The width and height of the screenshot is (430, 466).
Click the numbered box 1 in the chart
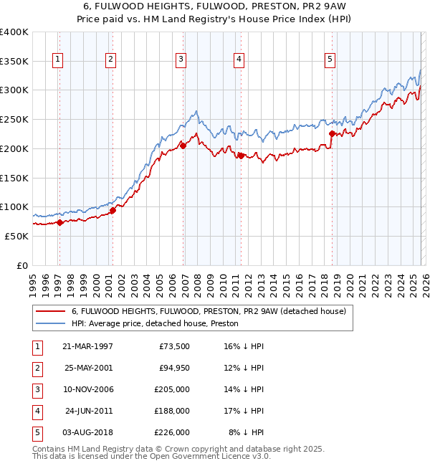(57, 60)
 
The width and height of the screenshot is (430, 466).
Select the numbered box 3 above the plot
(181, 60)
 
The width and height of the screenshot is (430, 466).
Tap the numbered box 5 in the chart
(330, 60)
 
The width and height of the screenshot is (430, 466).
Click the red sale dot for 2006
(183, 146)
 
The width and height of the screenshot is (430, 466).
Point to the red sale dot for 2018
(332, 133)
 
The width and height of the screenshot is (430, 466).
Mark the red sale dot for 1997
(59, 222)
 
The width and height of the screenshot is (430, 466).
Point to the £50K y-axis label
(16, 236)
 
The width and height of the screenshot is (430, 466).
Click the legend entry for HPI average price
(155, 323)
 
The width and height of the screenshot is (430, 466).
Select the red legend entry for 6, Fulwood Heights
(209, 311)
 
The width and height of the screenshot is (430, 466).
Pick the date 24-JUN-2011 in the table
(87, 411)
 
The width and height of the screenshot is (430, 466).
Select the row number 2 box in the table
(36, 368)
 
